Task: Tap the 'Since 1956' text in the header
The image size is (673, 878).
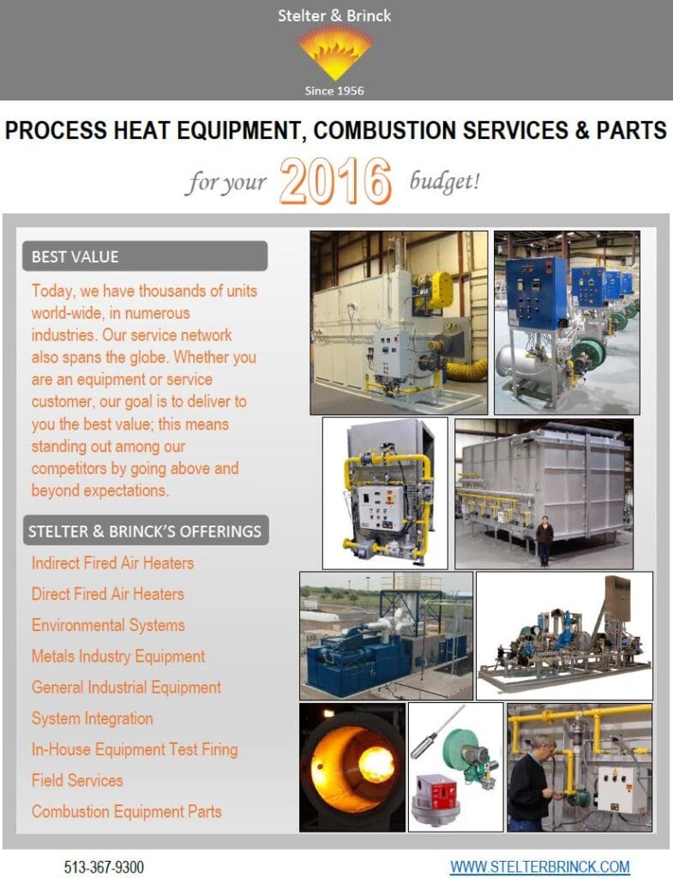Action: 334,91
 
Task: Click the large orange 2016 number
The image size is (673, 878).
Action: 335,180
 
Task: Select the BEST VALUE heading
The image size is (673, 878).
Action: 75,256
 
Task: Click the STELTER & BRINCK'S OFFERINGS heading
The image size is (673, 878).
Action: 145,531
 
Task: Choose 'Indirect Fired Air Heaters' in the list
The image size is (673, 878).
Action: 112,562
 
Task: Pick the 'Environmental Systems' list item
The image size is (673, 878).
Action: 108,625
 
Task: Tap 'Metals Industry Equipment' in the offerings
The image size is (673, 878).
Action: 118,656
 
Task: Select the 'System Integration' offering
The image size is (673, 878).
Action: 93,719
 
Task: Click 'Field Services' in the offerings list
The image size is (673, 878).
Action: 77,780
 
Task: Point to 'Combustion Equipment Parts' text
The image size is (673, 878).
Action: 127,811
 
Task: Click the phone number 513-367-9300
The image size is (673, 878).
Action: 104,867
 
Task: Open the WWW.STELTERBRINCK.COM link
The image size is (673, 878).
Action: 540,867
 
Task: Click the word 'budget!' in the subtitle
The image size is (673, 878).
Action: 445,182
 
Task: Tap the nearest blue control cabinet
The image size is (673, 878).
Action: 537,293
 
